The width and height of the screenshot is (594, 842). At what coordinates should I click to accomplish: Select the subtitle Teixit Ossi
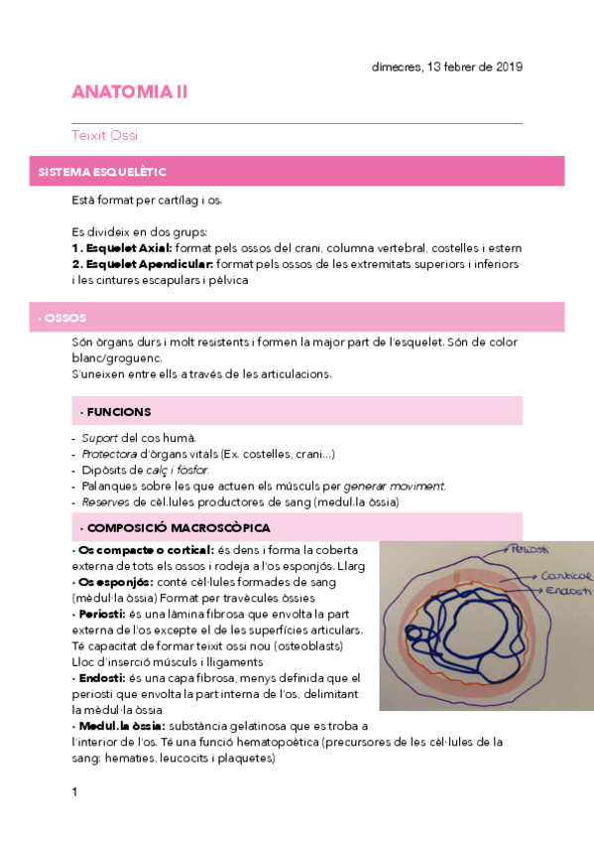pyautogui.click(x=111, y=135)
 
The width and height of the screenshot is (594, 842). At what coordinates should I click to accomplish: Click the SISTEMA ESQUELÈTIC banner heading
pyautogui.click(x=102, y=172)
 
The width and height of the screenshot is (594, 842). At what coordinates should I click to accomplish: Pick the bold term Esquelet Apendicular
pyautogui.click(x=142, y=263)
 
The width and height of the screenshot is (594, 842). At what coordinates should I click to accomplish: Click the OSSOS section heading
pyautogui.click(x=61, y=318)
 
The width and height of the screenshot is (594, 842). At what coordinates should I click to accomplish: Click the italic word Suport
pyautogui.click(x=100, y=438)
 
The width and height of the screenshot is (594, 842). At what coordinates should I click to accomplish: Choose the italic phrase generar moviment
pyautogui.click(x=394, y=486)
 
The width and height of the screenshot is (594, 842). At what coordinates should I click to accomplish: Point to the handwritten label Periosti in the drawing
pyautogui.click(x=531, y=549)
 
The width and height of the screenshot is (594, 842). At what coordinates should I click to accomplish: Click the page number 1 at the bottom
pyautogui.click(x=74, y=791)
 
